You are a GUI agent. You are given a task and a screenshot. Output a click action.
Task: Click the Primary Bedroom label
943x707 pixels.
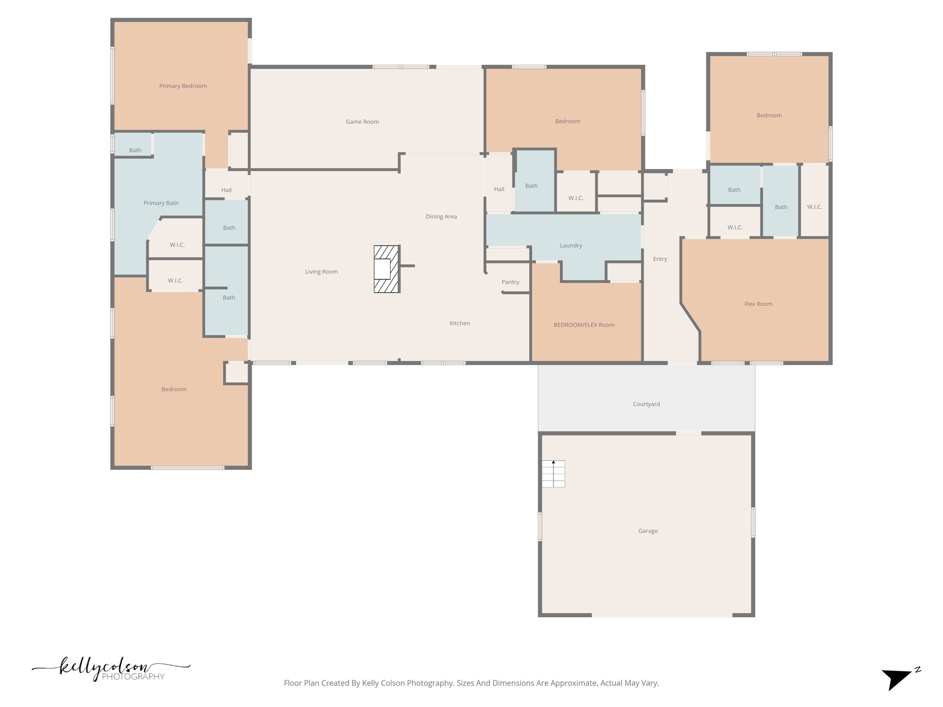183,86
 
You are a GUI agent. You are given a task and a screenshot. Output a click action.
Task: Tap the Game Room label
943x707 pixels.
362,122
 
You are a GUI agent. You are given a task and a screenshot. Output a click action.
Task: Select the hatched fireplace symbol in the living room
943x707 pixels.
385,269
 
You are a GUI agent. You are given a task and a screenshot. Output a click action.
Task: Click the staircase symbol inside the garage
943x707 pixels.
553,474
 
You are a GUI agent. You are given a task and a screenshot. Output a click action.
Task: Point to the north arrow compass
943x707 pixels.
898,678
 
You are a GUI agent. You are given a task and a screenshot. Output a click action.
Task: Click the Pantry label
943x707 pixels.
510,282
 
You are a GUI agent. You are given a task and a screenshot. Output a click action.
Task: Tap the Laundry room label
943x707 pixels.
571,246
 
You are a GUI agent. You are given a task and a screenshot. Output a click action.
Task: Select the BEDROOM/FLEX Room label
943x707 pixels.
584,325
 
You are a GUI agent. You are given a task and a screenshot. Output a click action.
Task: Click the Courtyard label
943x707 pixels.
646,404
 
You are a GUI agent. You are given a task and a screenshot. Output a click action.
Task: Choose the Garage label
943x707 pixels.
648,531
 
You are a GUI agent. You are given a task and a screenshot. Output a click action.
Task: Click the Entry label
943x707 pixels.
660,259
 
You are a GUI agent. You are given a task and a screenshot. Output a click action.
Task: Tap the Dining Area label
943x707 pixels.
441,217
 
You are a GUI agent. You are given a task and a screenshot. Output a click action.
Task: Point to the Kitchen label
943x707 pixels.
460,324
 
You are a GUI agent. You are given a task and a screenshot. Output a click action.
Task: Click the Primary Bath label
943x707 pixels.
161,203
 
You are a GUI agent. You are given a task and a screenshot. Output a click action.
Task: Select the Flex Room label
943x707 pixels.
758,304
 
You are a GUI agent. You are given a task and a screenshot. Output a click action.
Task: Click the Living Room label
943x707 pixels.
321,272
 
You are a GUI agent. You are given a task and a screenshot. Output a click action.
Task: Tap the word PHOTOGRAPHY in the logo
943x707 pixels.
133,677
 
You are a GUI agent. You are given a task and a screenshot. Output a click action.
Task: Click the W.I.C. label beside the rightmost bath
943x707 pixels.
814,207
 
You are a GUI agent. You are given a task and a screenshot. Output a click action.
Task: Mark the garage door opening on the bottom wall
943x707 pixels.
662,615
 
